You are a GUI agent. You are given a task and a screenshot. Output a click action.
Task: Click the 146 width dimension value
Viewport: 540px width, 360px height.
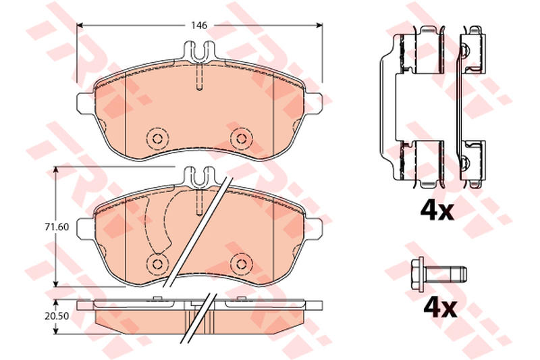click(x=199, y=25)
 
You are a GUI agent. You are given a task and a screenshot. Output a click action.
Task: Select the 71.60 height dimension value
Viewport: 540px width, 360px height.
click(x=57, y=227)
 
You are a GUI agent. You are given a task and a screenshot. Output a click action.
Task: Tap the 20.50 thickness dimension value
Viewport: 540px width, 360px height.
click(x=57, y=316)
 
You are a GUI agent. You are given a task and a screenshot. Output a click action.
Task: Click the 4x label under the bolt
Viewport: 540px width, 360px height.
click(x=440, y=307)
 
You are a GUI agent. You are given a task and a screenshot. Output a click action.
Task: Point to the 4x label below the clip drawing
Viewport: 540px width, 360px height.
click(x=437, y=210)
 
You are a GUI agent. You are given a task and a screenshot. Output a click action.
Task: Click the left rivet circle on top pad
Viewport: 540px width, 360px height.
click(x=157, y=138)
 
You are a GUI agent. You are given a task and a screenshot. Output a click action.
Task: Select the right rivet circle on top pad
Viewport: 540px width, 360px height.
click(x=242, y=138)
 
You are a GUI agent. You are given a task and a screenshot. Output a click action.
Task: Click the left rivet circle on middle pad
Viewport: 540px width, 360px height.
click(x=157, y=264)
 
